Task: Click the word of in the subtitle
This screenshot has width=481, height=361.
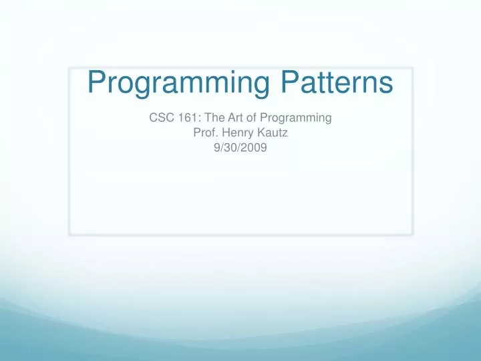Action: tap(251, 118)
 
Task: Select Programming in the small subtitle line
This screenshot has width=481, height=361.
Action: tap(295, 119)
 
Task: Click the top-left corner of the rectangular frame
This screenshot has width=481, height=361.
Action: tap(69, 68)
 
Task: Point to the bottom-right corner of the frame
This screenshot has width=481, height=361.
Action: tap(412, 235)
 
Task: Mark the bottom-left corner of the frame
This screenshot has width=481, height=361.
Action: tap(69, 235)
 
